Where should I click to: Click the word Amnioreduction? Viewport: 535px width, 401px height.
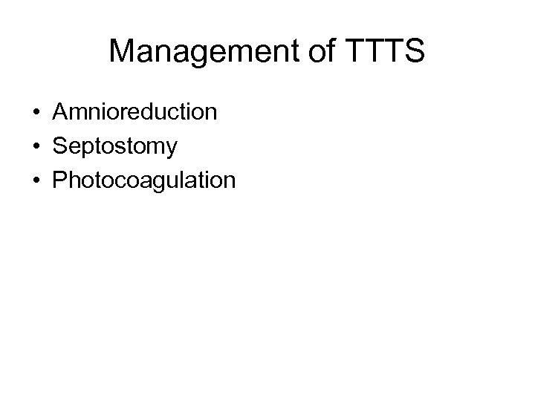pyautogui.click(x=135, y=112)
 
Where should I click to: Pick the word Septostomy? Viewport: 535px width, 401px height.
pyautogui.click(x=115, y=146)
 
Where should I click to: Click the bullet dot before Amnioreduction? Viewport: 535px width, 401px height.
pyautogui.click(x=36, y=113)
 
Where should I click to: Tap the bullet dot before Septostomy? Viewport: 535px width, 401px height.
pyautogui.click(x=36, y=147)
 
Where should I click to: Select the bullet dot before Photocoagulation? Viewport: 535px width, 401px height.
pyautogui.click(x=36, y=180)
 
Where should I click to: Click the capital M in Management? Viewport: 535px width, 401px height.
pyautogui.click(x=123, y=52)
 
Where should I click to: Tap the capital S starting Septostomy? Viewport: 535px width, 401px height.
pyautogui.click(x=59, y=146)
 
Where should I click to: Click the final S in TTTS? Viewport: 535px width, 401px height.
pyautogui.click(x=412, y=52)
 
